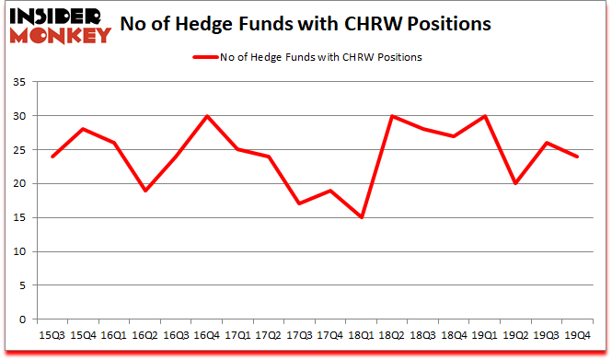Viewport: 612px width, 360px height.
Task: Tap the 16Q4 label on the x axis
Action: point(208,335)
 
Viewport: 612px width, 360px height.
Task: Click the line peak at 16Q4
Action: point(208,116)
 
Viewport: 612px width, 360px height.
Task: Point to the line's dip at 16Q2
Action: point(144,191)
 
